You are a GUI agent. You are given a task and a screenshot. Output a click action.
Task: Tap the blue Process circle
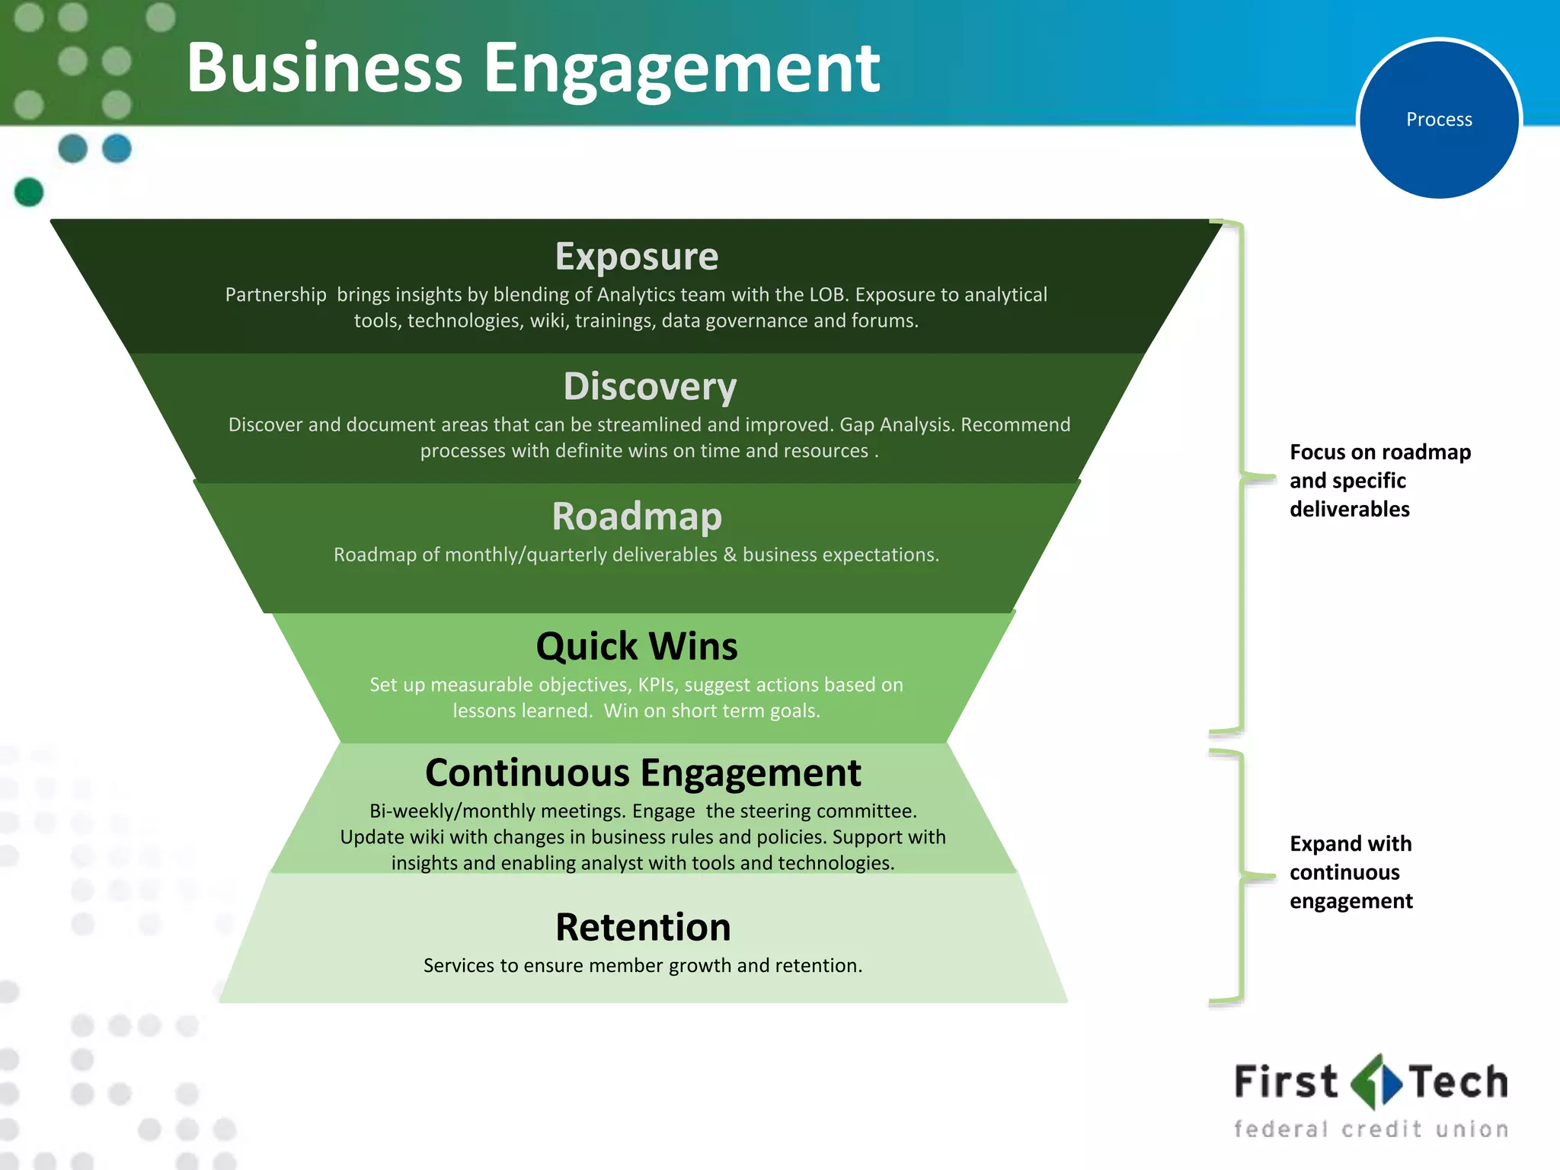(x=1439, y=120)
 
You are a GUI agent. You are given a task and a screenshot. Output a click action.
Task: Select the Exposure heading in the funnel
(x=637, y=257)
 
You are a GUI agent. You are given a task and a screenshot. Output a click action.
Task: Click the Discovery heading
(x=650, y=386)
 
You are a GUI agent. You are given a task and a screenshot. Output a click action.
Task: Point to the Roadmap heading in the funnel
(x=637, y=516)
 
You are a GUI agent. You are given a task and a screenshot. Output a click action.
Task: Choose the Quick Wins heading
(x=637, y=647)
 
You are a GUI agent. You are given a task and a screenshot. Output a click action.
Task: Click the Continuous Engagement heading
(x=643, y=773)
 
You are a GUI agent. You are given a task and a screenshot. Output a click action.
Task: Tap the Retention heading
(x=643, y=928)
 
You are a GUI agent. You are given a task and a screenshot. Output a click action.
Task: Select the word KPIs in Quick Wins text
(x=657, y=685)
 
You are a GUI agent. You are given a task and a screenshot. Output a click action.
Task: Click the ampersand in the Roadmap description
(x=730, y=555)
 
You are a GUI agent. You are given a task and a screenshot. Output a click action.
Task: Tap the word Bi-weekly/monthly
(x=456, y=811)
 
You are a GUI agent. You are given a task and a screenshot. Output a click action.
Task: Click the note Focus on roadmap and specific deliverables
(x=1379, y=481)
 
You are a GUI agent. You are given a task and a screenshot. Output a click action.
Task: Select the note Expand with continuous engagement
(x=1351, y=872)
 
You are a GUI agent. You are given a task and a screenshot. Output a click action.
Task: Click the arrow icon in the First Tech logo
(x=1376, y=1082)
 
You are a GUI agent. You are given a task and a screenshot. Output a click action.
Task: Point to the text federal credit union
(x=1370, y=1129)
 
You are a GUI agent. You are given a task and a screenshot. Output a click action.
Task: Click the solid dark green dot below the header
(x=29, y=192)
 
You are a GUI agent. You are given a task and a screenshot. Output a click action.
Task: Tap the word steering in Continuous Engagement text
(x=776, y=811)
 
